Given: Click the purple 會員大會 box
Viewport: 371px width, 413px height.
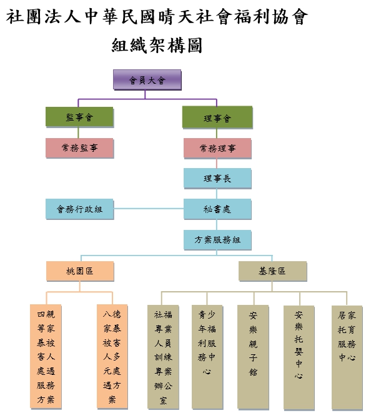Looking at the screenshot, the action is (147, 80).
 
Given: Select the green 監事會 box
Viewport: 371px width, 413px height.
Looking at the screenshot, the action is (79, 117).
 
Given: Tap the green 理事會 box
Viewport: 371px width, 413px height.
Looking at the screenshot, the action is (217, 117).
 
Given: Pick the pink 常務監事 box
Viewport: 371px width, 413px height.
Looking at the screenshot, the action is (80, 148).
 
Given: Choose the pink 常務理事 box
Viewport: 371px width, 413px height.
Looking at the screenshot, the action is (217, 148).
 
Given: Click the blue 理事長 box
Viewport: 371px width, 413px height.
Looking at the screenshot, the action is (217, 179).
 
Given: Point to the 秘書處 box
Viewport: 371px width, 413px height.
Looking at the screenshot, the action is (217, 209).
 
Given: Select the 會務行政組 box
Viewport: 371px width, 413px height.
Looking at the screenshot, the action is (80, 209).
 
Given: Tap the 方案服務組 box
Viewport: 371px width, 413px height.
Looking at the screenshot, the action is (217, 240).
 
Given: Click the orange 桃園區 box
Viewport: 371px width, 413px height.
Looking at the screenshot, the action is (80, 271).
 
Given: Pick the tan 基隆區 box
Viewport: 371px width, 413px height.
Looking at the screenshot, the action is (273, 271).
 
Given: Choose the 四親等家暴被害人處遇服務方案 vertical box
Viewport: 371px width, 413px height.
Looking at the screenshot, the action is (46, 356).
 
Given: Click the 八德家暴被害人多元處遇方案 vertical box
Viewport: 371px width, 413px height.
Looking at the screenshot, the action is (112, 356).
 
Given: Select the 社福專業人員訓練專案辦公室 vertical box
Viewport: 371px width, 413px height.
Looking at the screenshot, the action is (163, 357).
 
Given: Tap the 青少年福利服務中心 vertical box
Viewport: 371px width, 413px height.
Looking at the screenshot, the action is (207, 357).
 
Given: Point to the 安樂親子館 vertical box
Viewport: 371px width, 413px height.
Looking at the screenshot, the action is (253, 357).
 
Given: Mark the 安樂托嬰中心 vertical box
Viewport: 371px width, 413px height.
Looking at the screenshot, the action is (299, 357).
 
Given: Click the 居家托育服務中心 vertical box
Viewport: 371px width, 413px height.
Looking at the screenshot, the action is (347, 357).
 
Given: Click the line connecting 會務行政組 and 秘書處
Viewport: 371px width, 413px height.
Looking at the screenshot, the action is (149, 209).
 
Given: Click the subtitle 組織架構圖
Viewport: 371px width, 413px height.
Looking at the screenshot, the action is (157, 46).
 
